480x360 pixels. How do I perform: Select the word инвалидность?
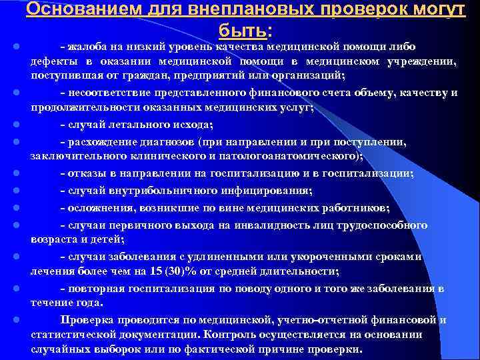289,225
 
